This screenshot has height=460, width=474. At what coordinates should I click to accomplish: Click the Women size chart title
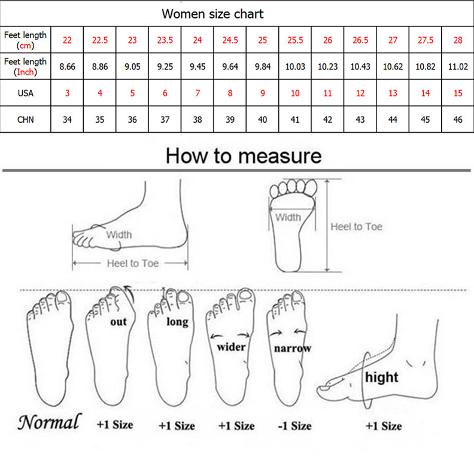tap(212, 14)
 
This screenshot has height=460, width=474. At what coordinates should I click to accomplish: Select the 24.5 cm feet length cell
tap(230, 40)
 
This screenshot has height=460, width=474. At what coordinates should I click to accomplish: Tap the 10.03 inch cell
tap(295, 66)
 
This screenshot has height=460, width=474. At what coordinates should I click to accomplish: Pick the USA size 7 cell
tap(197, 93)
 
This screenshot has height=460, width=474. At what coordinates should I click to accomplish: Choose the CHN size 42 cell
tap(328, 120)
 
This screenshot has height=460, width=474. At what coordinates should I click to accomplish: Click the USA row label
tap(25, 93)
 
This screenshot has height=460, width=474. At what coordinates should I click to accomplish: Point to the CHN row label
tap(25, 120)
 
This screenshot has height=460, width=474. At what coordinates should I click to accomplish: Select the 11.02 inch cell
tap(458, 66)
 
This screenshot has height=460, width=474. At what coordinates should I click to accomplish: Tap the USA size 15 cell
tap(458, 93)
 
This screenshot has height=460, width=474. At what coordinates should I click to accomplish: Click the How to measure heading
tap(244, 156)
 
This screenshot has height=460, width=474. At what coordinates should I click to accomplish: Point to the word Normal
tap(50, 422)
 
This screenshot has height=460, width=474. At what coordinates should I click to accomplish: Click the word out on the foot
tap(118, 322)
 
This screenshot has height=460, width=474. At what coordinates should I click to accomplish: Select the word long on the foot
tap(177, 322)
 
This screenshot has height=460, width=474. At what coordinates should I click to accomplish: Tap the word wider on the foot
tap(231, 347)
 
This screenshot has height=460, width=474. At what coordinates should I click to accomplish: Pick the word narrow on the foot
tap(293, 348)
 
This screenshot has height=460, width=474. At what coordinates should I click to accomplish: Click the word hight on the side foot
tap(381, 377)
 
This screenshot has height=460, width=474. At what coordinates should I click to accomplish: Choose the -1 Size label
tap(294, 426)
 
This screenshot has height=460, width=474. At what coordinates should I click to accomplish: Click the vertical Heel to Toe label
tap(357, 227)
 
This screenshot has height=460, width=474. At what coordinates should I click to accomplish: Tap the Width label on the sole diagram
tap(288, 217)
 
